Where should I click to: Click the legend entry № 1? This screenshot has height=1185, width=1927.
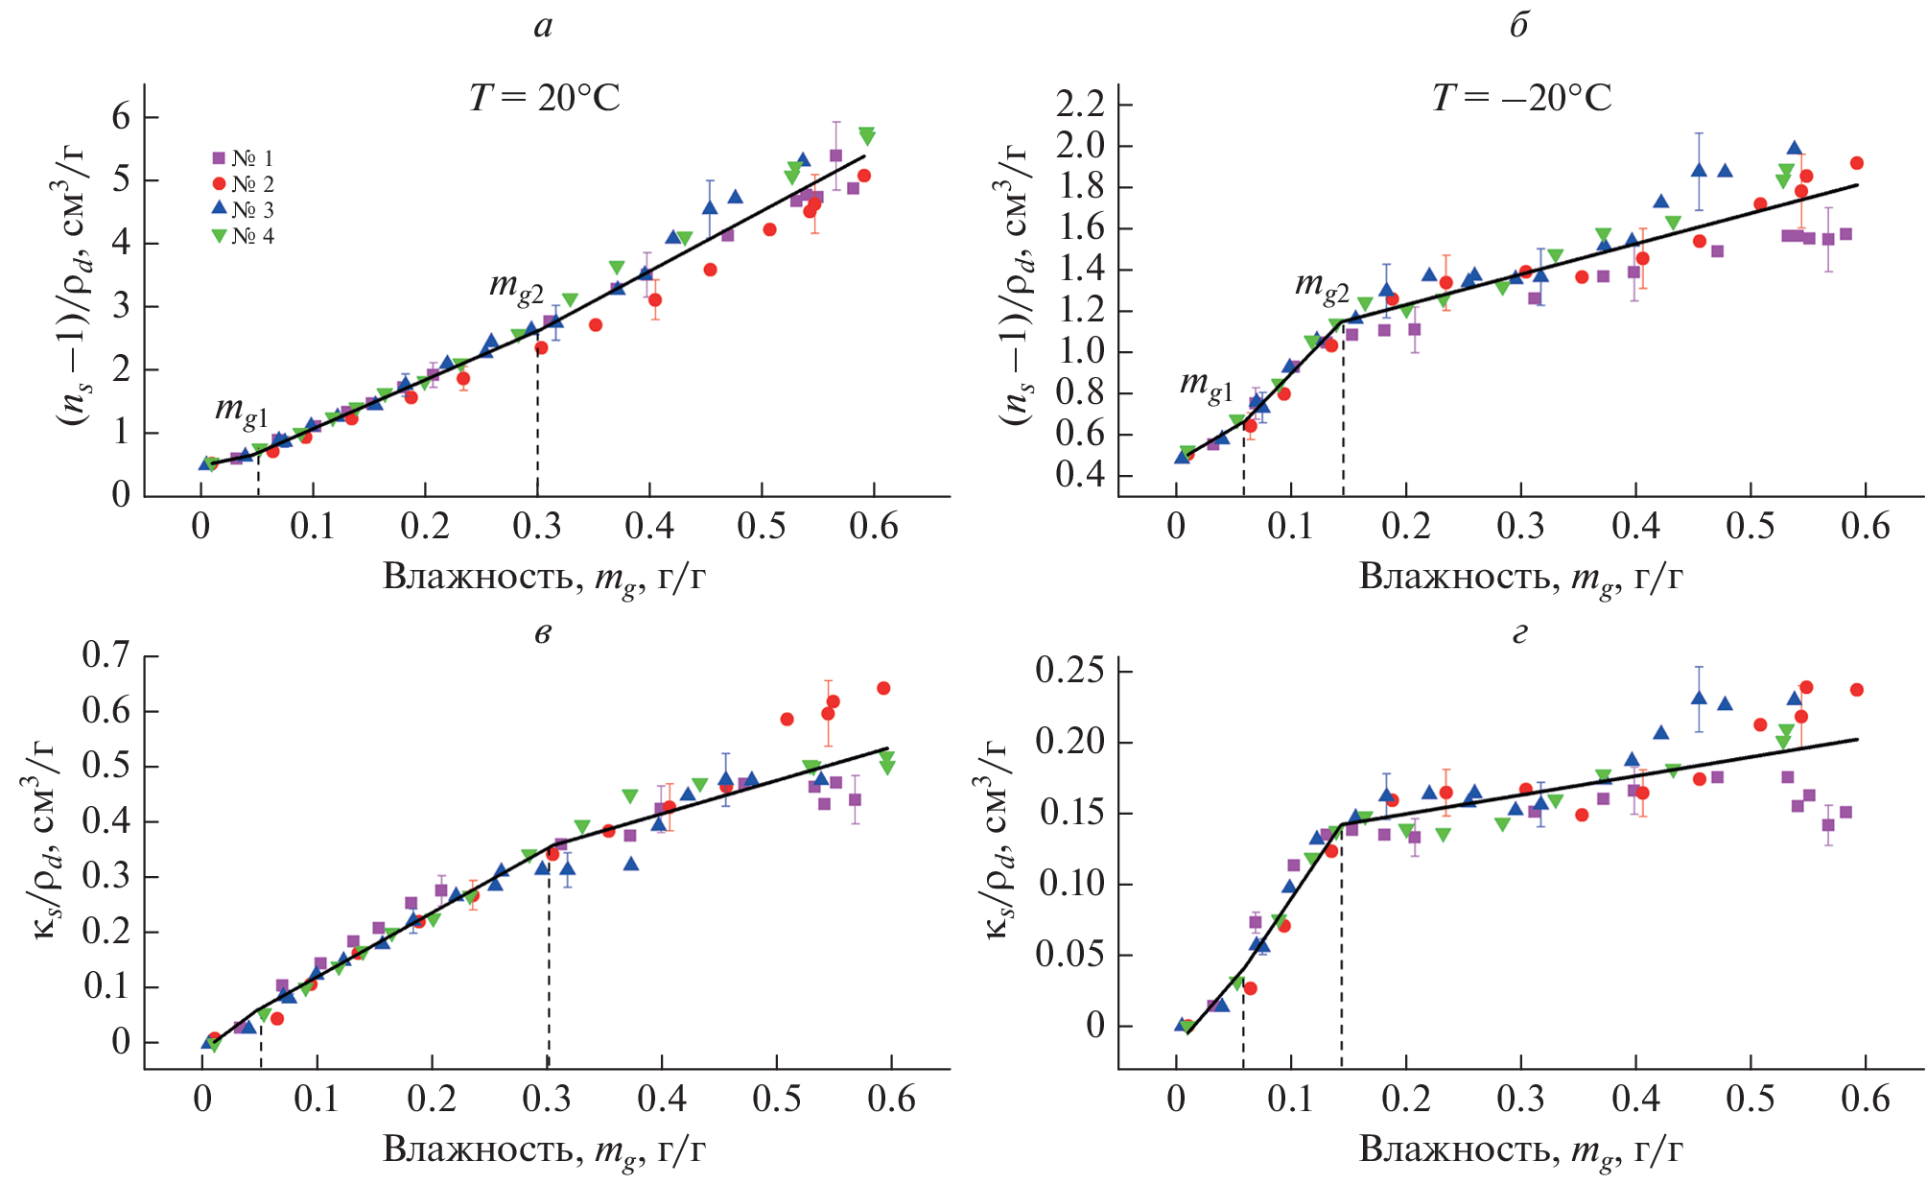click(x=244, y=158)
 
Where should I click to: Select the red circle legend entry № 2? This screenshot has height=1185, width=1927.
click(x=244, y=184)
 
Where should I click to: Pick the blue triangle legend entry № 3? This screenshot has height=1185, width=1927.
click(x=244, y=210)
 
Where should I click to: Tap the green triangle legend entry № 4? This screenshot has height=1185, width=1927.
click(x=244, y=236)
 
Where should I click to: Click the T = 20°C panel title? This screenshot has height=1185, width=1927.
click(x=544, y=98)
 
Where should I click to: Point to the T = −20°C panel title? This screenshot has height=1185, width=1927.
click(x=1521, y=98)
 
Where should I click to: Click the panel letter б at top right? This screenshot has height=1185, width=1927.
click(x=1518, y=26)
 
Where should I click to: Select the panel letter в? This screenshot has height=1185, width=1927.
click(x=543, y=632)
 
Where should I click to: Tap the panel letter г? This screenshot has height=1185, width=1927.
click(x=1518, y=633)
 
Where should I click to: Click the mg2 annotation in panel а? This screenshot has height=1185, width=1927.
click(x=517, y=286)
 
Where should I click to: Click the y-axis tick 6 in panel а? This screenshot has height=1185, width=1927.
click(x=121, y=117)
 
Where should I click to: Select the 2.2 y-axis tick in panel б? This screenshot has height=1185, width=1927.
click(x=1080, y=104)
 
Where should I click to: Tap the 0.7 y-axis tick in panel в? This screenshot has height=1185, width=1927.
click(x=106, y=655)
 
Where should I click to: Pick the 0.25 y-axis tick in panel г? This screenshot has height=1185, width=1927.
click(x=1070, y=670)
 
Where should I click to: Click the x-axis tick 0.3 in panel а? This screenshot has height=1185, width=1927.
click(x=536, y=527)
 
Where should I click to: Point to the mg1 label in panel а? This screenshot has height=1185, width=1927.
click(x=241, y=410)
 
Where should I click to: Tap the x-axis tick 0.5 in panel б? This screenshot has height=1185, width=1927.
click(x=1751, y=527)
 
